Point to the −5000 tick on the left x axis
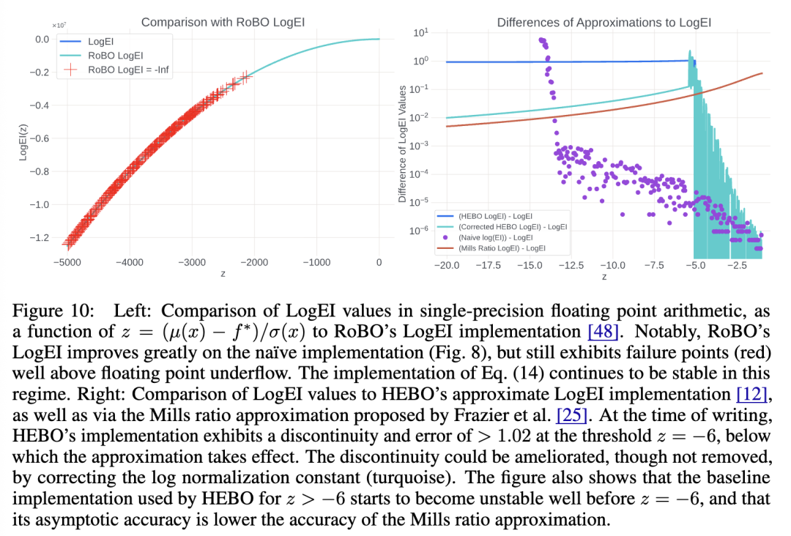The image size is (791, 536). [x=67, y=261]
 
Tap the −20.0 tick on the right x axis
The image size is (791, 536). [x=447, y=265]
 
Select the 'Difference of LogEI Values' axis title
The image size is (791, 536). [x=402, y=144]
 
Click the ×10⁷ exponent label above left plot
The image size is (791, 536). [x=59, y=25]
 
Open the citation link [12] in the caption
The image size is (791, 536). [x=750, y=394]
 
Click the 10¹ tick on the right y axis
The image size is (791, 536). [x=420, y=33]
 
